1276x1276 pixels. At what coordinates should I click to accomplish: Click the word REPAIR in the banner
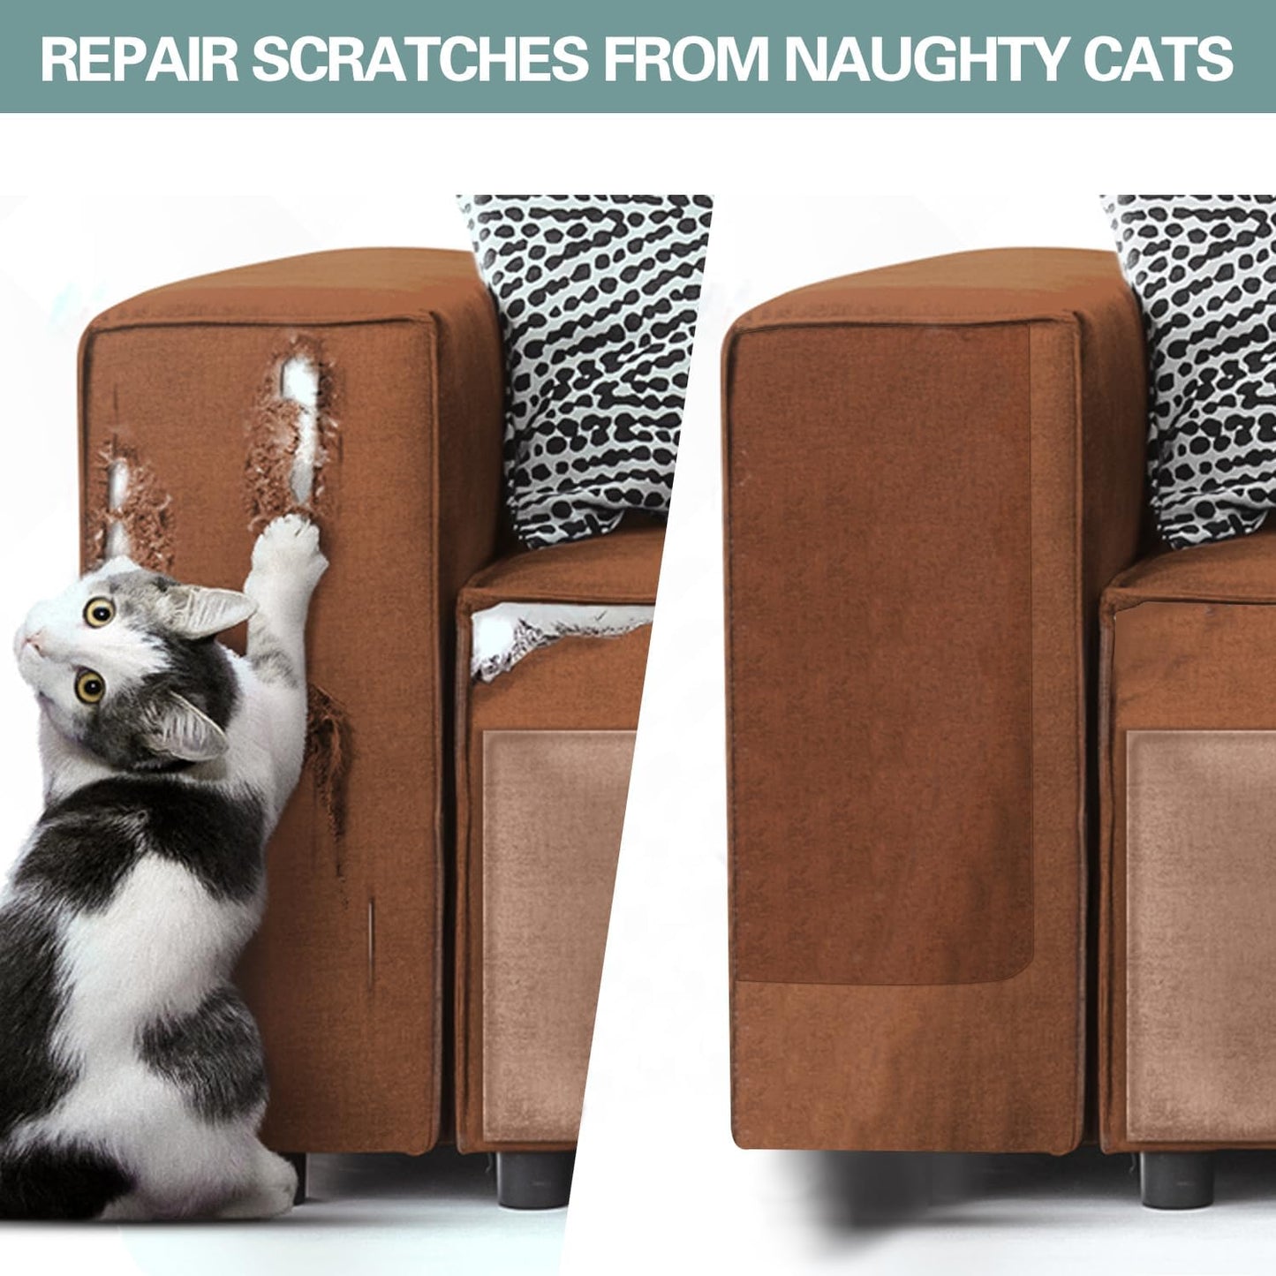(x=140, y=59)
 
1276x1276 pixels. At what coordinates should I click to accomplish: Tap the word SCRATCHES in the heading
(x=419, y=59)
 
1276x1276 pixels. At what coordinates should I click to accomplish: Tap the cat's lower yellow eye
(x=90, y=686)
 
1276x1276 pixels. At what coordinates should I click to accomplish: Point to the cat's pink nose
(x=27, y=639)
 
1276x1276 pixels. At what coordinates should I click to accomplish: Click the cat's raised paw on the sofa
(x=291, y=545)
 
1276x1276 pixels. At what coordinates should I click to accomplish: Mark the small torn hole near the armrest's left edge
(x=129, y=500)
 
